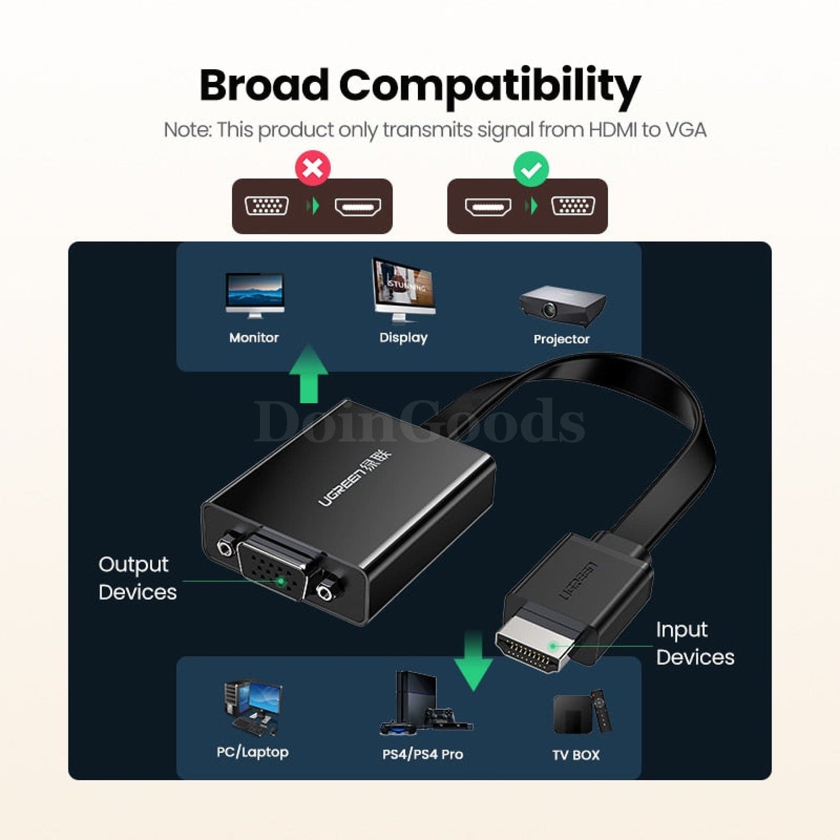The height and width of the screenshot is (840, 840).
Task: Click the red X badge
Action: coord(313,168)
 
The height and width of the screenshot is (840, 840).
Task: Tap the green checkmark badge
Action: coord(531,169)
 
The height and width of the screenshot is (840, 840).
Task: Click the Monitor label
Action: coord(253,337)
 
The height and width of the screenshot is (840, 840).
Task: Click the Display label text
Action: coord(403,338)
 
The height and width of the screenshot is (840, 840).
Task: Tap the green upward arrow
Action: coord(309,374)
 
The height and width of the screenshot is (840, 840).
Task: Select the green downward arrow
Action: coord(473,660)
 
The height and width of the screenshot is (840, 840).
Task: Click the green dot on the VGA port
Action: coord(281,581)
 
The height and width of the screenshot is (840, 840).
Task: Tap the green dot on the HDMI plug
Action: coord(553,646)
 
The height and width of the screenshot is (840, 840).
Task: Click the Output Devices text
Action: coord(137,578)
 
